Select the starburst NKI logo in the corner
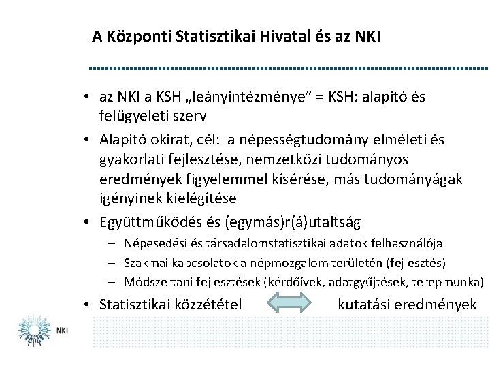tap(31, 328)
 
